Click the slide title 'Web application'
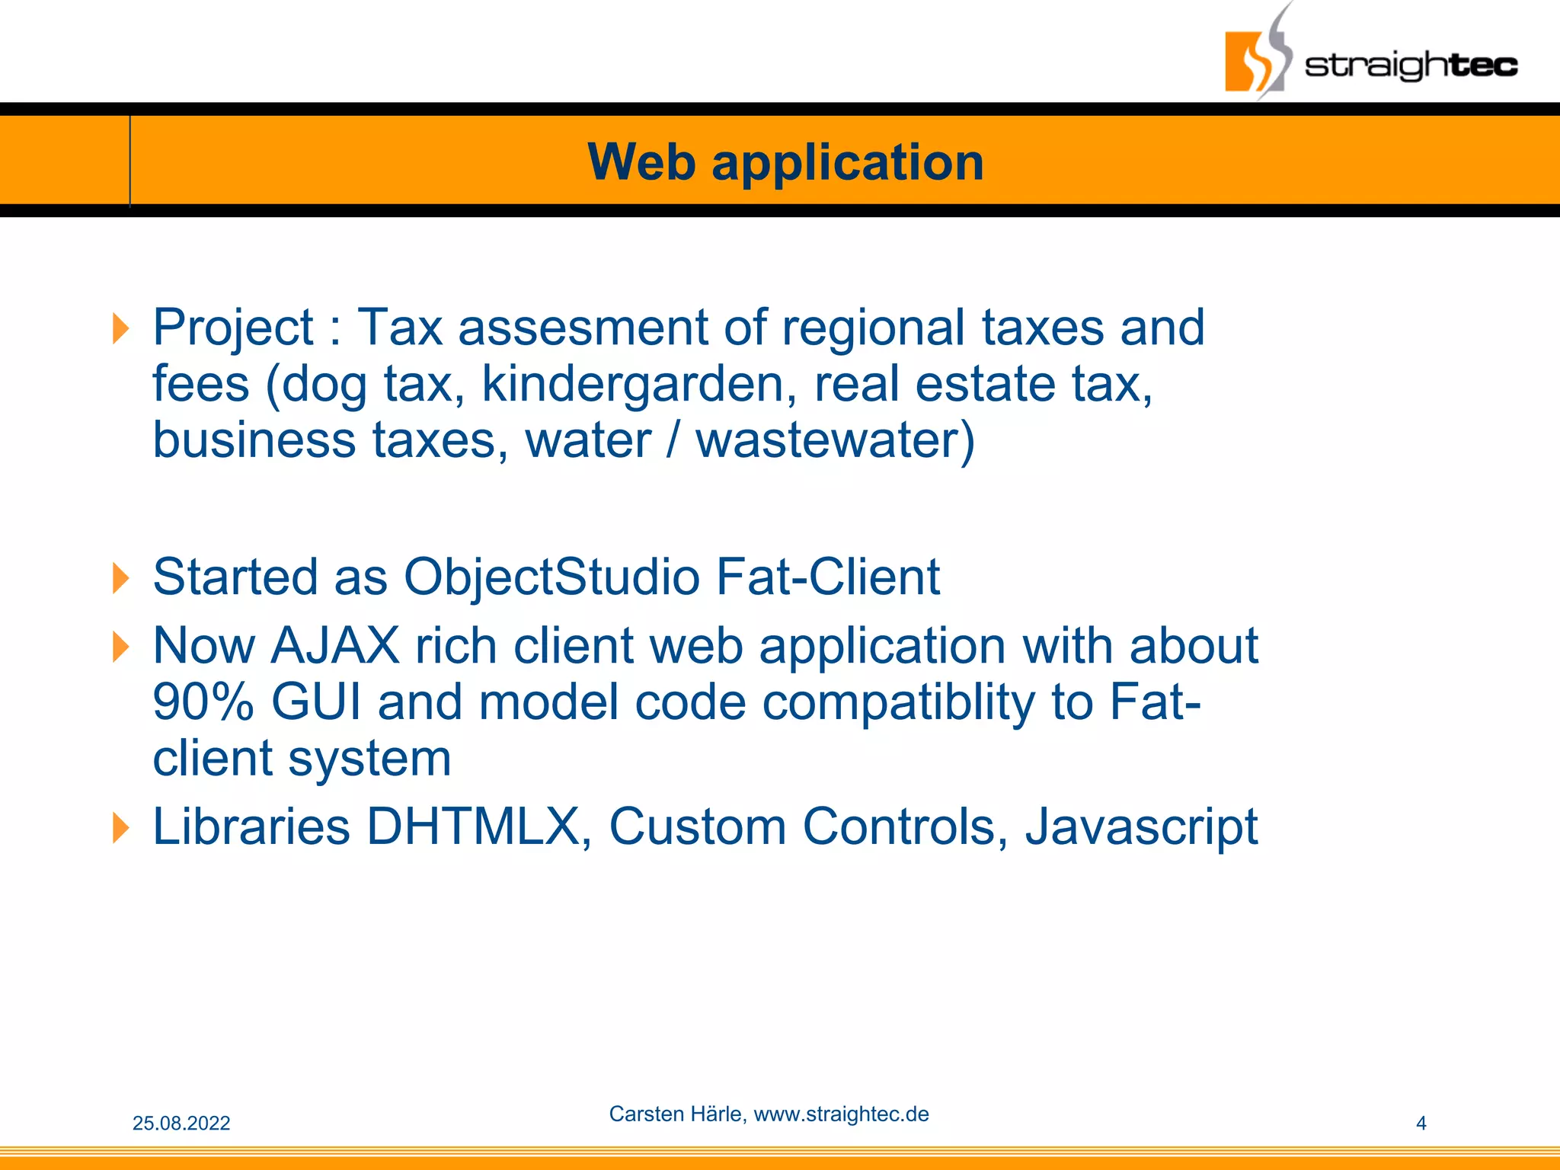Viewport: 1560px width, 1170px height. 785,162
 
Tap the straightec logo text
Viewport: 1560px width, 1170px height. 1411,66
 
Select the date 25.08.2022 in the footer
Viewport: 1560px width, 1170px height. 181,1124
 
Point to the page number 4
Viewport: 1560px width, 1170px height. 1421,1124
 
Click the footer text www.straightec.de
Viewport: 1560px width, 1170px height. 841,1114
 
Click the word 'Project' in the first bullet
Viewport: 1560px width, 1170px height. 233,328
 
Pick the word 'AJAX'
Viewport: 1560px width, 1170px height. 335,646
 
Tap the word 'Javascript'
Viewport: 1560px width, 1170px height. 1141,826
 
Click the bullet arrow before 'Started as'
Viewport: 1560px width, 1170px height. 120,578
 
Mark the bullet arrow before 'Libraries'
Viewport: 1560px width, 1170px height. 120,828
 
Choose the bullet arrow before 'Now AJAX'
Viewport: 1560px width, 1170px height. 120,647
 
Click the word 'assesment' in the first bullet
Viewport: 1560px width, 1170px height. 583,328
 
